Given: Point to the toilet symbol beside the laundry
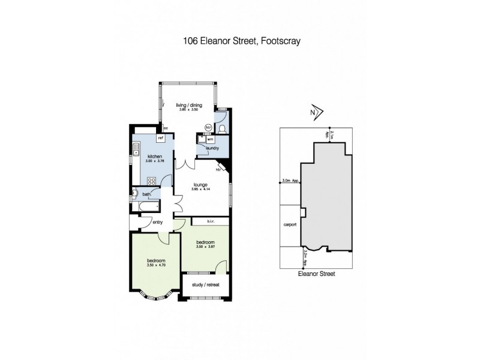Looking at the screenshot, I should tap(223, 128).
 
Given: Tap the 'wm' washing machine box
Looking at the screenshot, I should tap(210, 139).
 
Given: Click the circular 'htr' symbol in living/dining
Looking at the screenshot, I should tap(208, 127).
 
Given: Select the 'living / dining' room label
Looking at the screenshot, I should tap(189, 106).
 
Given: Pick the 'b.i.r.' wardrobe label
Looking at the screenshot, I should tap(211, 221).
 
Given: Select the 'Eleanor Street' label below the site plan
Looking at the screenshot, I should tap(316, 273).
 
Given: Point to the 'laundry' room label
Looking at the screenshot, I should tap(211, 148).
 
